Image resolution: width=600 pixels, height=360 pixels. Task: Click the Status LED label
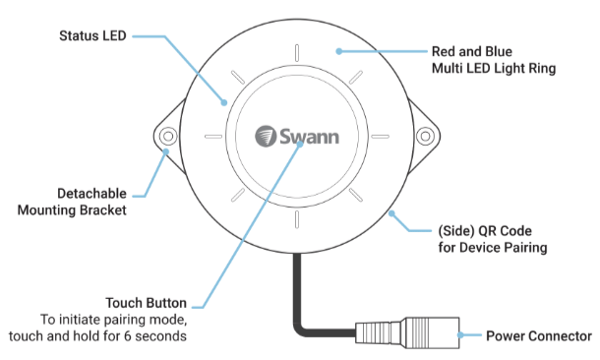[x=92, y=36]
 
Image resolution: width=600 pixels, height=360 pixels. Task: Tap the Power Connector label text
[x=539, y=336]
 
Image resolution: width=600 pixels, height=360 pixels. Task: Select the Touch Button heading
[x=147, y=303]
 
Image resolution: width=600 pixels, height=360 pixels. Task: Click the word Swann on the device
[x=309, y=137]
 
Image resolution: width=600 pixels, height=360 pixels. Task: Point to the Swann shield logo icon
[x=266, y=136]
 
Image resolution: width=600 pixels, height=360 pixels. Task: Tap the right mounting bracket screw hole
[x=425, y=136]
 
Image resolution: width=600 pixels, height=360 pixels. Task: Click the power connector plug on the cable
[x=407, y=332]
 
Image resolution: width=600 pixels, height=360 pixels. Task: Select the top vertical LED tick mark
[x=297, y=53]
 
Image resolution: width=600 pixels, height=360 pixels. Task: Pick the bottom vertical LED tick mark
[x=297, y=219]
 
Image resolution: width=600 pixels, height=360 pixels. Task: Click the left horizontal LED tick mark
[x=213, y=136]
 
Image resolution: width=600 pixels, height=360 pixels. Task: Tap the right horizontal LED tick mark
[x=381, y=136]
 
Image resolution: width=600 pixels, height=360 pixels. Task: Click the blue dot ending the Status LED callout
[x=224, y=102]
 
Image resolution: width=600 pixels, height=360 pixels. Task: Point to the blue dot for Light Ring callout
[x=339, y=51]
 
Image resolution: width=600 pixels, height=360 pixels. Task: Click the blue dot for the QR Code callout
[x=391, y=213]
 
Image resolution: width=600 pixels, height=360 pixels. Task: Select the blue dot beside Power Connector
[x=460, y=335]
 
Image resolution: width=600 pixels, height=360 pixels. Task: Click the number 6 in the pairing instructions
[x=128, y=336]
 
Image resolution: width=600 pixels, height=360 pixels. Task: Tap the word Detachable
[x=91, y=194]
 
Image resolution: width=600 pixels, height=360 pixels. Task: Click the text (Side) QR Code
[x=485, y=231]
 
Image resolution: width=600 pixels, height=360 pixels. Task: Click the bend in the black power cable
[x=300, y=329]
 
